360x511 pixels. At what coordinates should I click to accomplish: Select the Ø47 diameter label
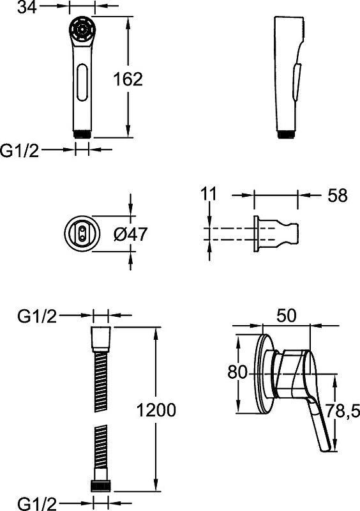pyautogui.click(x=130, y=234)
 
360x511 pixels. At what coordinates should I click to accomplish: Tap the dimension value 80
pyautogui.click(x=237, y=371)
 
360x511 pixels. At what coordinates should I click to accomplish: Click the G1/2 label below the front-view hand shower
pyautogui.click(x=20, y=150)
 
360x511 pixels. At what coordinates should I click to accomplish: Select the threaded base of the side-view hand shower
pyautogui.click(x=285, y=133)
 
